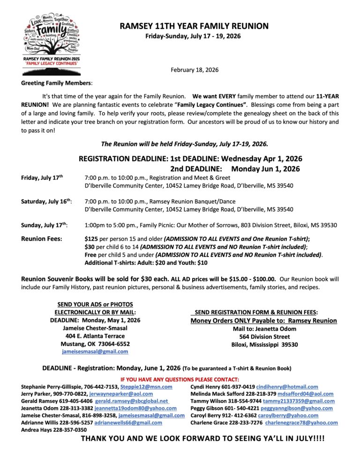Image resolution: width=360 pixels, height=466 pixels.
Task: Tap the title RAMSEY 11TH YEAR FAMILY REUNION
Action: point(194,26)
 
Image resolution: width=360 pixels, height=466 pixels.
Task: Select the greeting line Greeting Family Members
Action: point(57,83)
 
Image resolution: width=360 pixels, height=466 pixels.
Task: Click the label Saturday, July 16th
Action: point(46,202)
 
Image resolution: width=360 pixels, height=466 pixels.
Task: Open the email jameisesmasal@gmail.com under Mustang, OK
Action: point(95,351)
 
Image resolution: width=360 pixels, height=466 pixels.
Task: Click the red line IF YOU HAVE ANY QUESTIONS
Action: point(180,379)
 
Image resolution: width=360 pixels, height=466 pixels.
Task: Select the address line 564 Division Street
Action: point(264,337)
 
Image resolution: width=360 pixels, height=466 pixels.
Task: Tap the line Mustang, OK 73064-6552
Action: point(95,344)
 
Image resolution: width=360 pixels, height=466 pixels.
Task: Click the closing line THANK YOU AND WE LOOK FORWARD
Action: point(202,439)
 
